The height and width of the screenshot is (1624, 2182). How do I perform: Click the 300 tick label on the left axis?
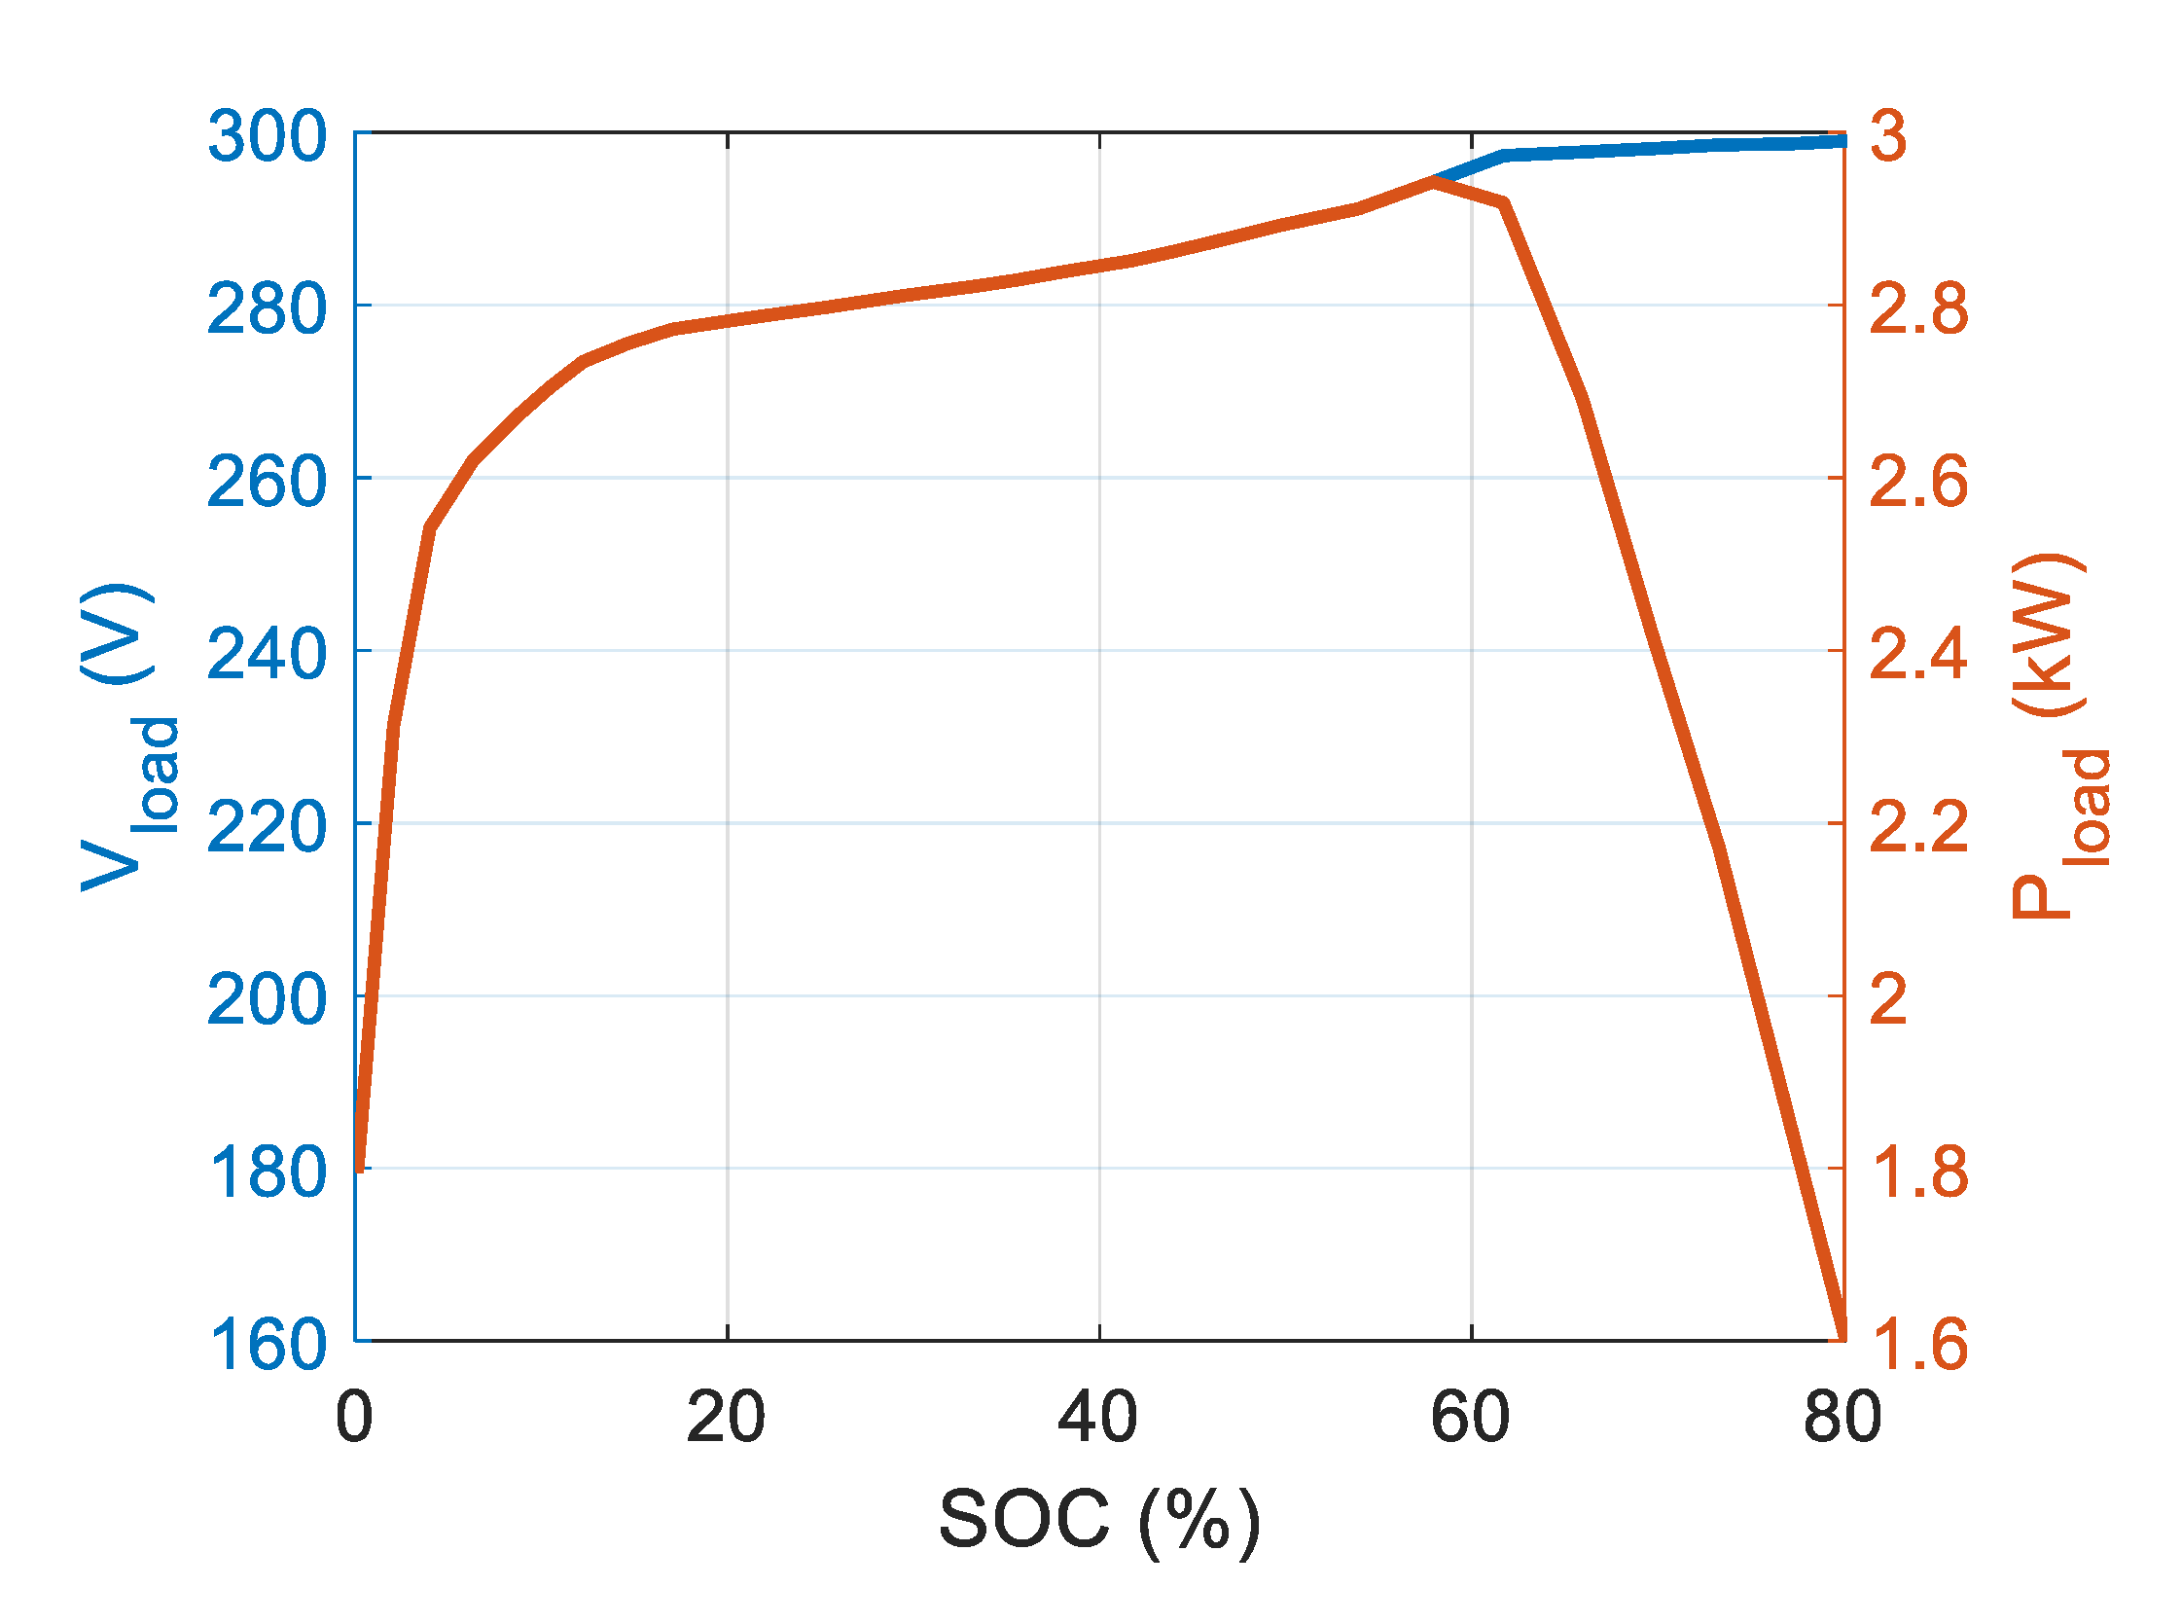267,136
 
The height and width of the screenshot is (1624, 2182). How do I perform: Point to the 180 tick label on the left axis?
267,1172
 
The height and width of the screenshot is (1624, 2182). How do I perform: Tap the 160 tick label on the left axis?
267,1345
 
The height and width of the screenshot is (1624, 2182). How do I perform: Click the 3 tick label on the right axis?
1888,136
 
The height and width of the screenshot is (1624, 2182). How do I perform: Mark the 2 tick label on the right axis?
1888,999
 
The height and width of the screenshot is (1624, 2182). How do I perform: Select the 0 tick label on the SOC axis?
354,1419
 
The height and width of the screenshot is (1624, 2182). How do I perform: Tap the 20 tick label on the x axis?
727,1419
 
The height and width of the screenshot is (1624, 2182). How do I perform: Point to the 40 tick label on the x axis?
1098,1419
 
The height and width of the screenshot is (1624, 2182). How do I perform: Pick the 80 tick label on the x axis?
1842,1419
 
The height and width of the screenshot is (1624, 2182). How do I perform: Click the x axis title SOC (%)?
1099,1521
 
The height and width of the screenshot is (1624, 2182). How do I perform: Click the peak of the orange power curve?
1434,183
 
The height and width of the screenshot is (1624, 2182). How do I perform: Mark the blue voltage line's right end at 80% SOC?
1842,141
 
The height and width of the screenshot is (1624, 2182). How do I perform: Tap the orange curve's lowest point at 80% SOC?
1841,1335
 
